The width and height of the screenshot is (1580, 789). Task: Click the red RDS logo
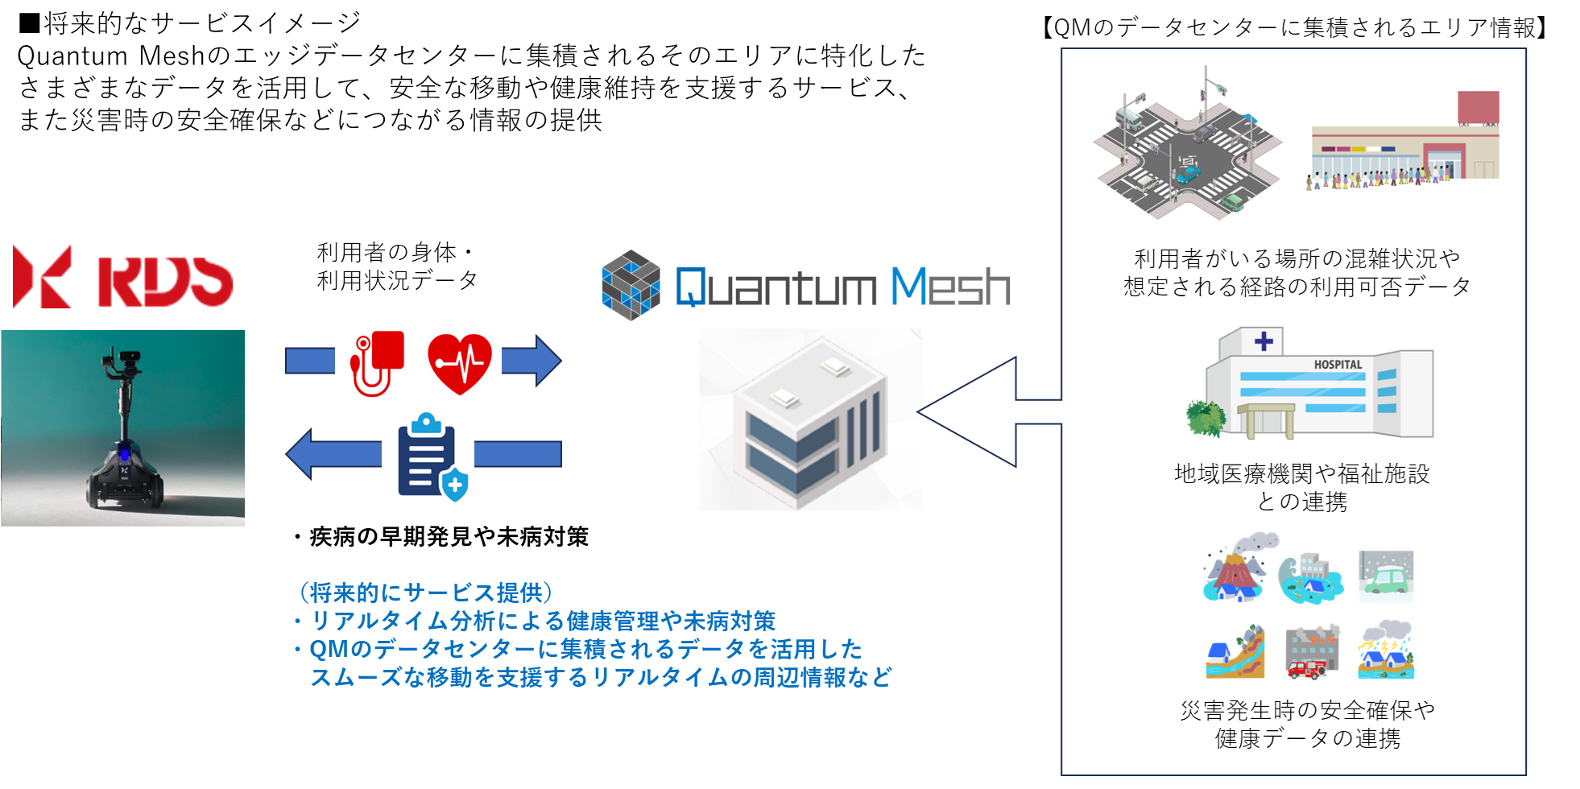122,279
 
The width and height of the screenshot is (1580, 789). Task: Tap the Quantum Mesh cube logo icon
631,285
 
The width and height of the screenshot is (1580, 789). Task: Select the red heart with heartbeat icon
459,363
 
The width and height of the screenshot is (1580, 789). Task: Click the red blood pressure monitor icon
376,362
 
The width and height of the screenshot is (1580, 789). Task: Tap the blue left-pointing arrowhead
301,454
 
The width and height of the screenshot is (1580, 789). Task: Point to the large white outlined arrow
982,411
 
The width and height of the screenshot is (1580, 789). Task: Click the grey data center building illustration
809,419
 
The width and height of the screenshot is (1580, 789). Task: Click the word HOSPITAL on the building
1338,365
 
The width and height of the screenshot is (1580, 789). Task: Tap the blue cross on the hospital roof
1264,341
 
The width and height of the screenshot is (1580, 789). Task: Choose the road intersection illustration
1186,154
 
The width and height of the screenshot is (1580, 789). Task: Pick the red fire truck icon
1306,667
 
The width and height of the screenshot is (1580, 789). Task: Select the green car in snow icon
1386,575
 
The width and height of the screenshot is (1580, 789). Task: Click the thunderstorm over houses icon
1386,650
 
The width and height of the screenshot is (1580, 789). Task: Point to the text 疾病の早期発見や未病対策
449,537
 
